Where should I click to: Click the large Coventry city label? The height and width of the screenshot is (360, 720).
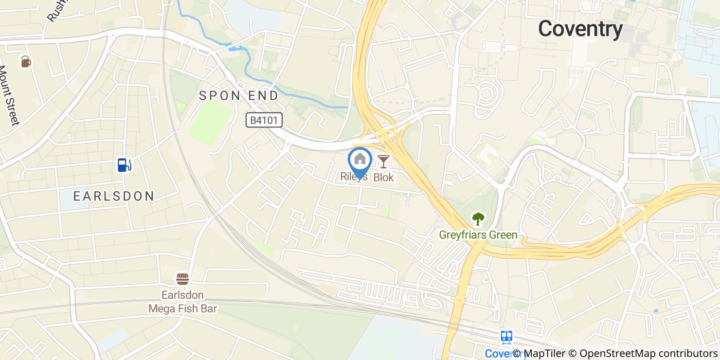click(580, 29)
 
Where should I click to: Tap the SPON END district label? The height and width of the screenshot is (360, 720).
click(239, 96)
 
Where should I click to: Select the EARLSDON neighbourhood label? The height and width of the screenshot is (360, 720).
click(114, 196)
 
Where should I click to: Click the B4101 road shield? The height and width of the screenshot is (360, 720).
click(264, 120)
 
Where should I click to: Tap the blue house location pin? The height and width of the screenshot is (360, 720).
click(360, 160)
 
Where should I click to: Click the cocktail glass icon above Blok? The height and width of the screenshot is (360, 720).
click(384, 161)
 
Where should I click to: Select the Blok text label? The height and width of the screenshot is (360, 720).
click(383, 177)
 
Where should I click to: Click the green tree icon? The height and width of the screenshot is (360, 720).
click(478, 219)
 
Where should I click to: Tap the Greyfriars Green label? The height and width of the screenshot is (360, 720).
click(478, 236)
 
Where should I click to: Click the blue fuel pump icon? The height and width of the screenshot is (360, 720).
click(124, 165)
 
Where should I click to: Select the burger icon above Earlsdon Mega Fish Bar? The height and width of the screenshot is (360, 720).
click(183, 279)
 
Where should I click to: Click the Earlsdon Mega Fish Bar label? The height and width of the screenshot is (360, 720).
click(183, 302)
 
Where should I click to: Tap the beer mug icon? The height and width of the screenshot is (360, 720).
click(26, 62)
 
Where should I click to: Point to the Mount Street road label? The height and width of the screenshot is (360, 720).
click(9, 96)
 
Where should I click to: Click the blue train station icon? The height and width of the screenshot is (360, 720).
click(507, 337)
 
